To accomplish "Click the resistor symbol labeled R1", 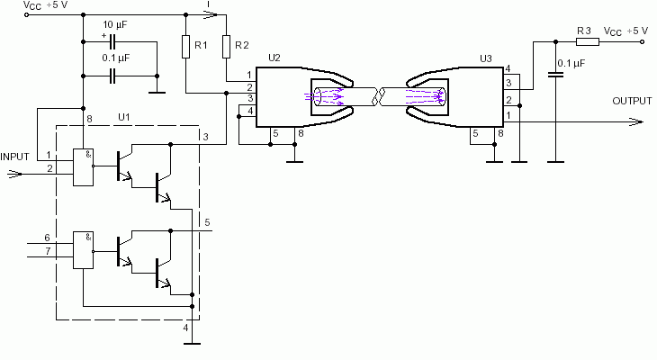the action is pos(186,47).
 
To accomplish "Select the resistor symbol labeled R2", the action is pos(226,47).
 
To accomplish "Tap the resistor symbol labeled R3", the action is pos(588,41).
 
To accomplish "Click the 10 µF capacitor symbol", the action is pos(112,42).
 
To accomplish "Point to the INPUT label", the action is pos(14,157).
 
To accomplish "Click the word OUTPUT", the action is pos(632,101).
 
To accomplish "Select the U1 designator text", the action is pos(124,117).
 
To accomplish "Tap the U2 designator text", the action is pos(274,58).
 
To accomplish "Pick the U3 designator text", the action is pos(486,58).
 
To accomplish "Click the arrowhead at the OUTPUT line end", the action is pos(636,122).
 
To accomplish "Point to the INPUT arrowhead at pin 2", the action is pos(14,174).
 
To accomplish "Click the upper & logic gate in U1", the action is pos(84,167).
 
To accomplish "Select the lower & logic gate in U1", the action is pos(84,250).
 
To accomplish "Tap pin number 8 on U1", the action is pos(89,119).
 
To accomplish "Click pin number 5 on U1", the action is pos(207,222).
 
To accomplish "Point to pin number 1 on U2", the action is pos(249,75).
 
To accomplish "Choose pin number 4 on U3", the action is pos(508,68).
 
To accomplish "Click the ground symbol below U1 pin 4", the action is pos(193,344).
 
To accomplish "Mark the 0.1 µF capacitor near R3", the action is pos(556,75).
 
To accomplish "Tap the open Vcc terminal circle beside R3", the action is pos(643,41).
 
